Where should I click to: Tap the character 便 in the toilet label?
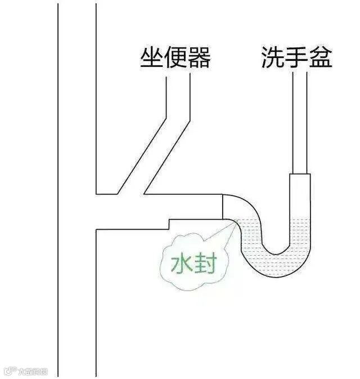click(x=175, y=58)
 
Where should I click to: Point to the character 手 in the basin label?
click(x=296, y=58)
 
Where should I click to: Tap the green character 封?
click(x=205, y=264)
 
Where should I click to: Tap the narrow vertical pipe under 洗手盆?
click(x=300, y=124)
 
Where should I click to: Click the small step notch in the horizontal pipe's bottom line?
click(x=169, y=224)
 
